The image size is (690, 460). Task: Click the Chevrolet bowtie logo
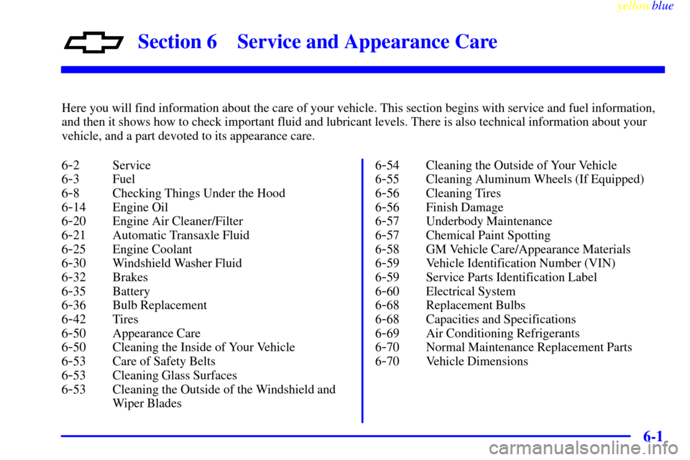point(93,42)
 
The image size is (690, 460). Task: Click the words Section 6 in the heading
point(178,42)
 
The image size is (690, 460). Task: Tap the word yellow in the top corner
point(633,6)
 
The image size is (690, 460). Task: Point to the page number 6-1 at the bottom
point(653,436)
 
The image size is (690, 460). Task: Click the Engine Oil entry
point(140,207)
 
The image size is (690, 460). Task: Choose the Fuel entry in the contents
point(124,179)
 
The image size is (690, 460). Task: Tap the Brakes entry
point(130,277)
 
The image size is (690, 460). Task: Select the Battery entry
point(131,291)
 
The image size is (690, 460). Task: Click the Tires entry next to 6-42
point(125,319)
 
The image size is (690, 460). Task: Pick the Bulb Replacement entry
point(160,305)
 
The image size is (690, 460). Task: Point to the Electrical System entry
point(470,291)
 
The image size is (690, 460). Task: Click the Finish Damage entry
point(464,207)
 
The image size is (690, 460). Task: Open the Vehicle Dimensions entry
point(477,362)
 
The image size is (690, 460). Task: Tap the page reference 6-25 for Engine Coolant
point(73,249)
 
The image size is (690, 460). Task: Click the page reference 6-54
point(387,165)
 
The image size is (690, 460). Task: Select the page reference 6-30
point(73,263)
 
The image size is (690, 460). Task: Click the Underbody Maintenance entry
point(489,221)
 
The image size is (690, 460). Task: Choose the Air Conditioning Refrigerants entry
point(502,333)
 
